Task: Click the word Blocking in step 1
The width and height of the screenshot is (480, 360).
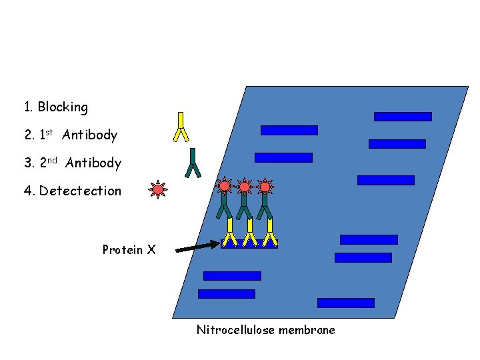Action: tap(63, 107)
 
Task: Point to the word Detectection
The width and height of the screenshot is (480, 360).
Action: tap(81, 191)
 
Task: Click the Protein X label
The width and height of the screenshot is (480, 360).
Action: tap(129, 250)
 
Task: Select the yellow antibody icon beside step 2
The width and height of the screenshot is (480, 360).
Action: tap(181, 127)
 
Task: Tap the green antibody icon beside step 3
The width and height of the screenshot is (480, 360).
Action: tap(193, 163)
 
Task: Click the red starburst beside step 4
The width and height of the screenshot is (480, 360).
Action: tap(158, 190)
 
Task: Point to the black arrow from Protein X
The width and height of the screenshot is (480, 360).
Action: tap(197, 247)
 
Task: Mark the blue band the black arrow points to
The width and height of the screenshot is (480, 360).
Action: tap(249, 245)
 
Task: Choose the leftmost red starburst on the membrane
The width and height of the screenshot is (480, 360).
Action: tap(225, 187)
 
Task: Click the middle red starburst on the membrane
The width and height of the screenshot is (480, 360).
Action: tap(245, 187)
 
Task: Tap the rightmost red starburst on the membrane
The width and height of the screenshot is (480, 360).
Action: tap(265, 187)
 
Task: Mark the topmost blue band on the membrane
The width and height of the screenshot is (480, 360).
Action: tap(403, 117)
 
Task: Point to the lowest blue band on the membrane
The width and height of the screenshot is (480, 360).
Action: tap(345, 303)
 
